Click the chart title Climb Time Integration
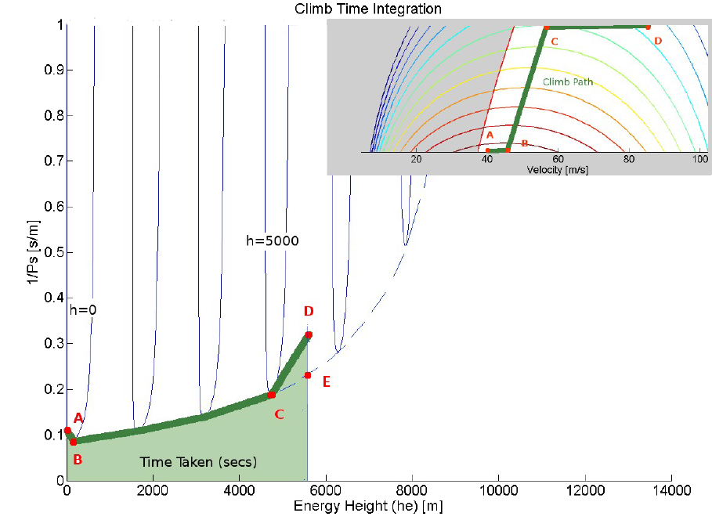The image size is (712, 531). click(367, 9)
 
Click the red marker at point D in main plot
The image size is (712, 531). click(309, 334)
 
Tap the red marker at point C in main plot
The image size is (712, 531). click(272, 395)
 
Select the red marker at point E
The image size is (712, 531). click(308, 375)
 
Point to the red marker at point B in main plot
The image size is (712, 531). click(73, 442)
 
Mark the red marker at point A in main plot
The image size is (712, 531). click(67, 430)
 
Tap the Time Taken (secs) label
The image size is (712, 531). click(198, 462)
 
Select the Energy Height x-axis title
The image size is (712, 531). click(368, 506)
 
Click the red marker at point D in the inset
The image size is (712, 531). click(649, 27)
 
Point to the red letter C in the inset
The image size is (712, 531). click(555, 40)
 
